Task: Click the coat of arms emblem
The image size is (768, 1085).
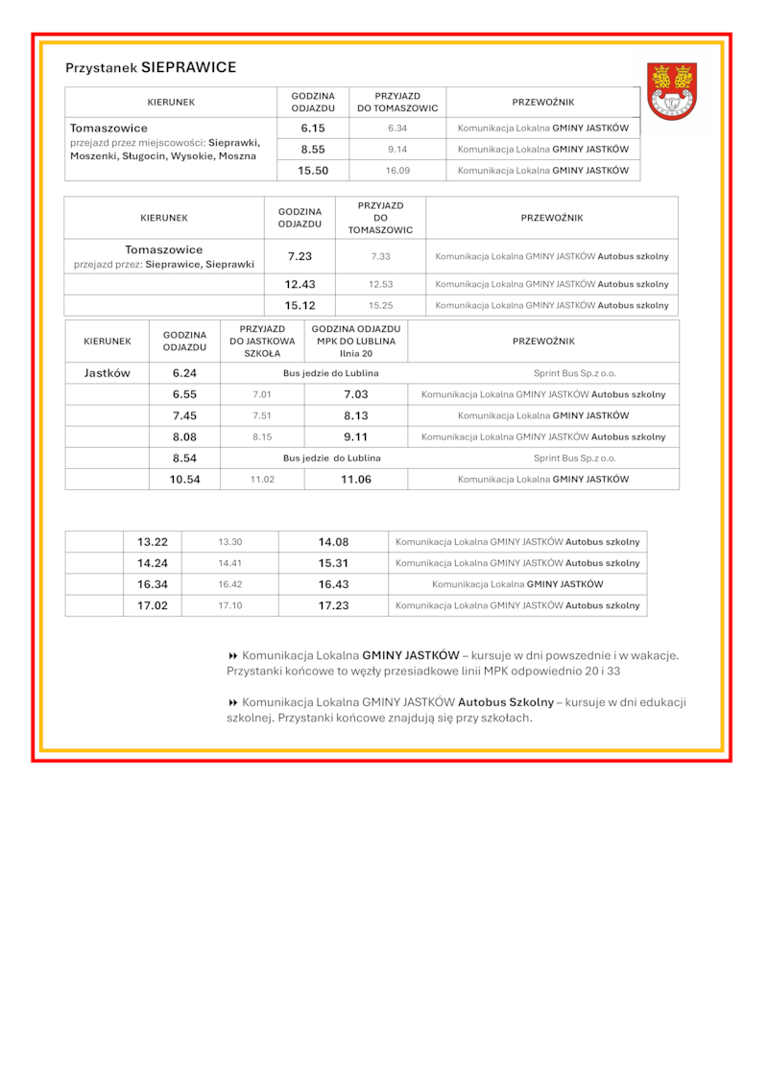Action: [672, 91]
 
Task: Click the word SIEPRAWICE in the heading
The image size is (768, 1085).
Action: [188, 68]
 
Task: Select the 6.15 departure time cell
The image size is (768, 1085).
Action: [313, 128]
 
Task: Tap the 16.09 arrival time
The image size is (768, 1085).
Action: [397, 171]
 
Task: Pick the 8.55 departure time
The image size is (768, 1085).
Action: [313, 150]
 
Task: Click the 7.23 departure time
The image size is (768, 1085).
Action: [300, 257]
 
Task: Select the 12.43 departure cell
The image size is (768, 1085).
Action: [300, 285]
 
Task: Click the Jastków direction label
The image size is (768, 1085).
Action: [107, 373]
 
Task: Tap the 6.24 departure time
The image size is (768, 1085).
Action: [184, 373]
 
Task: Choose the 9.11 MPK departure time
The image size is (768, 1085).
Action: [356, 436]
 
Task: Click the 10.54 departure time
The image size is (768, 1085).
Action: [184, 479]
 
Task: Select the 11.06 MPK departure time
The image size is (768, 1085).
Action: [356, 479]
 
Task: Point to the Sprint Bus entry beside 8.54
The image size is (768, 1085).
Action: [575, 459]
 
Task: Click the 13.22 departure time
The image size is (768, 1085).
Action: [153, 542]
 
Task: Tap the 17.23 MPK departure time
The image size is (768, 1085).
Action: [333, 605]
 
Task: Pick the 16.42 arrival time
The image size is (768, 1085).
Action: [229, 584]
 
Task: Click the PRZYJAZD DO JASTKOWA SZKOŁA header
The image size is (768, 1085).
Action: [262, 341]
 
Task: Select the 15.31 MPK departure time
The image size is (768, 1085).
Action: [333, 563]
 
